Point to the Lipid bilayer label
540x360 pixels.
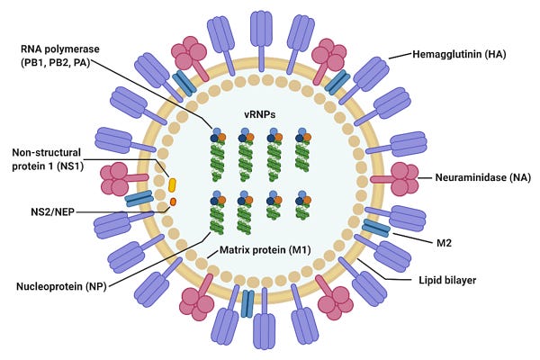447,281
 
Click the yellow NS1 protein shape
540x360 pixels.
172,184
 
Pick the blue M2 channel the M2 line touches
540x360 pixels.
375,229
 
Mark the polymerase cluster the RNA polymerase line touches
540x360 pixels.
217,136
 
